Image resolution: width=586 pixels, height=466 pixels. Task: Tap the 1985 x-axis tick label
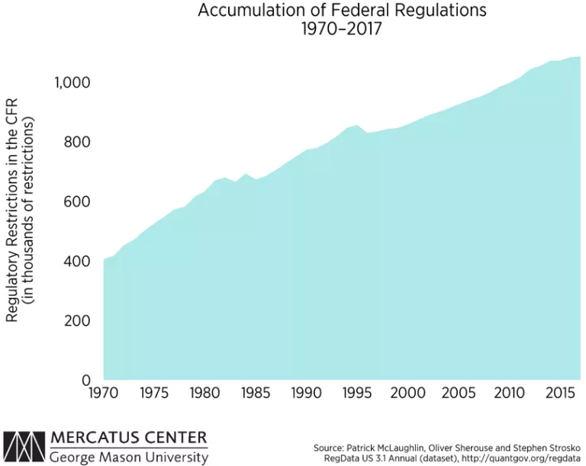click(255, 394)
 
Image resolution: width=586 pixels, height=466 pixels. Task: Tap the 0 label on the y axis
click(87, 380)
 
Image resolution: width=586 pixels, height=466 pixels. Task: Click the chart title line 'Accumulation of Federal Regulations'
click(342, 11)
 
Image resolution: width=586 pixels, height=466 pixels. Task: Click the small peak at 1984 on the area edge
click(245, 175)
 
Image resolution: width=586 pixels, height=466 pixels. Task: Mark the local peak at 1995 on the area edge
click(356, 126)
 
